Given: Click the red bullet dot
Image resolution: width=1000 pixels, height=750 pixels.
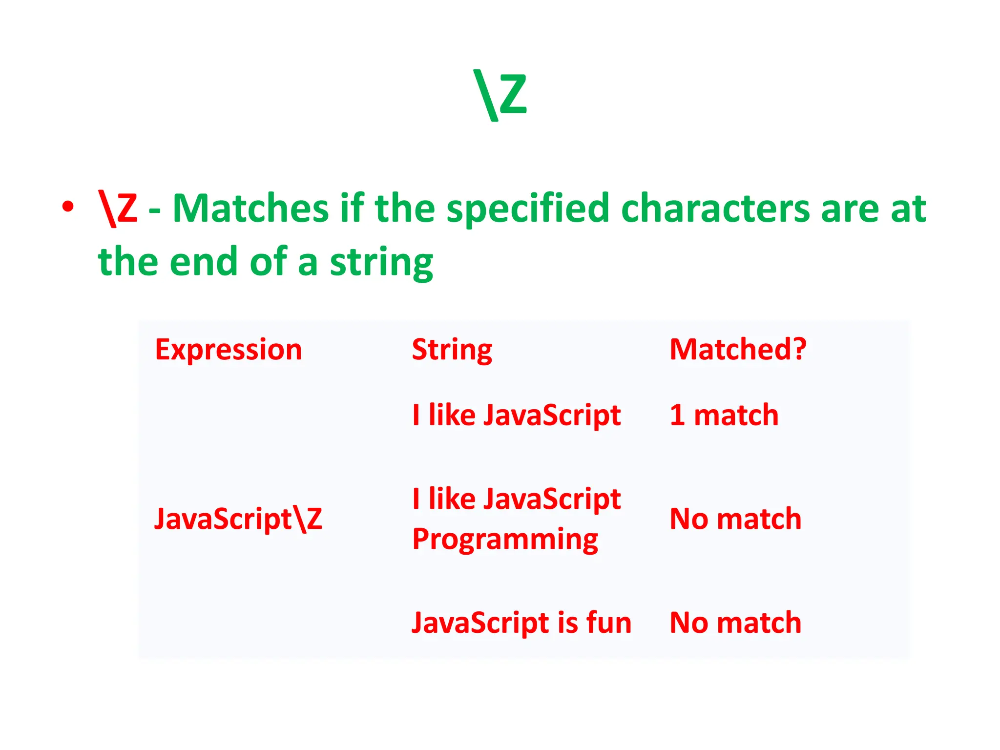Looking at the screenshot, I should (x=68, y=207).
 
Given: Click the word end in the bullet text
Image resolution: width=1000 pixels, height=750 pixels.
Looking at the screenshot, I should (x=205, y=262).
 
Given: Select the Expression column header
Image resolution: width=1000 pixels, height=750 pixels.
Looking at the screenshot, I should (x=229, y=350).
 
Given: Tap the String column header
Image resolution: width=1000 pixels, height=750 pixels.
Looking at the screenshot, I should (x=452, y=350).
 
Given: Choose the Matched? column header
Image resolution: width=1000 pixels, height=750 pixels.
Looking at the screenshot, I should (x=737, y=350).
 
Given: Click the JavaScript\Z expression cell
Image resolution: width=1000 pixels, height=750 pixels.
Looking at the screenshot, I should (x=238, y=519).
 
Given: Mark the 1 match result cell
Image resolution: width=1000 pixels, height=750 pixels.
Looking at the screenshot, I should (x=724, y=415).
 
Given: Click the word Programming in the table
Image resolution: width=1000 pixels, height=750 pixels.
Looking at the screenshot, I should (x=505, y=540).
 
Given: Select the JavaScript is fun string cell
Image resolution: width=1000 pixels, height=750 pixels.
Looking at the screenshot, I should (x=521, y=623).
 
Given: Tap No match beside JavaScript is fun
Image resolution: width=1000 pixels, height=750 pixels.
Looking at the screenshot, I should (x=735, y=623).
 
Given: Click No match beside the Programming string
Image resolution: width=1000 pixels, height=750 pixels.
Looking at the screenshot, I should (x=735, y=519).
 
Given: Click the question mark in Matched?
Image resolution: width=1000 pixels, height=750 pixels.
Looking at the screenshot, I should (x=799, y=350).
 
